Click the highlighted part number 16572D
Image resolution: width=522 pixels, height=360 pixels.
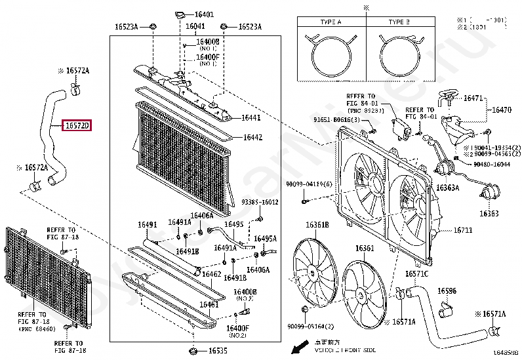(x=77, y=125)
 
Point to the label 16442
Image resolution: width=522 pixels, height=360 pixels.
(x=252, y=137)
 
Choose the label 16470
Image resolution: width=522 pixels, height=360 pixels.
(x=502, y=110)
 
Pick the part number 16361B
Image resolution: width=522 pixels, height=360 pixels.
(x=317, y=225)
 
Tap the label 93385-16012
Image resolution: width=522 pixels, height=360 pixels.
(x=260, y=202)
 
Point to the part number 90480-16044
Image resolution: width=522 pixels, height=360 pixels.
(x=492, y=164)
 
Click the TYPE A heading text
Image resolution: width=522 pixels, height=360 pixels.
(x=331, y=22)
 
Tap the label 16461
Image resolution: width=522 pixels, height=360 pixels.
(x=209, y=306)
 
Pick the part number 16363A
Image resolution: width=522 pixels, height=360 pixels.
(x=449, y=188)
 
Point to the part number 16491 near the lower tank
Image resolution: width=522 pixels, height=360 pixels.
(x=148, y=225)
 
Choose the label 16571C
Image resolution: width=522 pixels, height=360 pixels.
(x=416, y=273)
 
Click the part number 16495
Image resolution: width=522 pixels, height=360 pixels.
(x=233, y=224)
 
